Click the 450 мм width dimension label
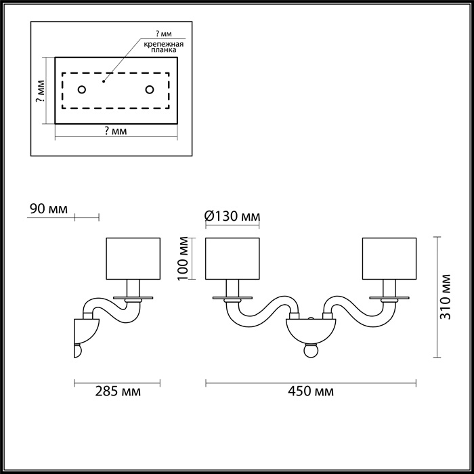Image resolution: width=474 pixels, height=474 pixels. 311,391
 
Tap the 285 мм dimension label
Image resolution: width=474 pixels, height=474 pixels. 118,391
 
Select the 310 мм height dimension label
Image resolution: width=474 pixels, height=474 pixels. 445,297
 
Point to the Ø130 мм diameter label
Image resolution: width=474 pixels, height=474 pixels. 232,217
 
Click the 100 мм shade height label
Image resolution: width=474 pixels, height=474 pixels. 183,259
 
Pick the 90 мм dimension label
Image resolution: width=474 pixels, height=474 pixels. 49,209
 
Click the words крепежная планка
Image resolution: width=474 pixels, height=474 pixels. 164,47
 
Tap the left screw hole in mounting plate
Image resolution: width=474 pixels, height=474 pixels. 82,90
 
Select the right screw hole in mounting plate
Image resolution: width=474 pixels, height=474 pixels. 150,90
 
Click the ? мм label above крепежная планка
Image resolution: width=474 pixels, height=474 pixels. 164,34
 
